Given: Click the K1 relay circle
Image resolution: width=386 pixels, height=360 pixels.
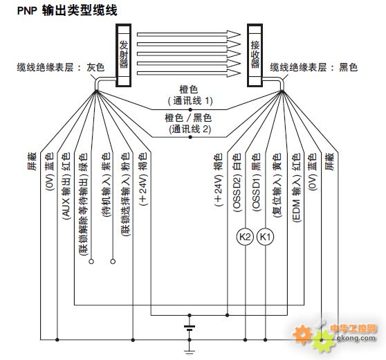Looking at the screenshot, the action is [265, 237].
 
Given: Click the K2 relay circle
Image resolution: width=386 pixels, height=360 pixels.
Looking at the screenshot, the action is [245, 237].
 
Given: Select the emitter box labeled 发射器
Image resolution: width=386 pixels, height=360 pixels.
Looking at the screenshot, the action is [124, 55].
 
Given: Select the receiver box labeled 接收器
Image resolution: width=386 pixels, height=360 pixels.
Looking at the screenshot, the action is [255, 55].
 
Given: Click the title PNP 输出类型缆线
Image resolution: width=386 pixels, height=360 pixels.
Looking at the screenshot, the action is [67, 10].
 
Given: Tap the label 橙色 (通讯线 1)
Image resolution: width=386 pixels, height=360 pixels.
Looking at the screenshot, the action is [190, 95].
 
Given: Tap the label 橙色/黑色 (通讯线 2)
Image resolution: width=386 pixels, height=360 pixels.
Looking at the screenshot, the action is [189, 124].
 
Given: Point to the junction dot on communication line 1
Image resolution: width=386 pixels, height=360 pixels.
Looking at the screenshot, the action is [190, 109].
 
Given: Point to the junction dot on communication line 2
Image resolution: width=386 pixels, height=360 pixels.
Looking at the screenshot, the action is [190, 137].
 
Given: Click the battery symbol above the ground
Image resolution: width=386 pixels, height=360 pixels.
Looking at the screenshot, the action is [190, 328].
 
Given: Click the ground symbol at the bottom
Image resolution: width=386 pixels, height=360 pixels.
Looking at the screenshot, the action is [190, 352].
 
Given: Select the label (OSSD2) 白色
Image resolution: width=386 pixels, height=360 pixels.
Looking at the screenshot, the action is [237, 183].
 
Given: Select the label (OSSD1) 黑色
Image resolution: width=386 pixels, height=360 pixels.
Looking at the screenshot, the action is [256, 183].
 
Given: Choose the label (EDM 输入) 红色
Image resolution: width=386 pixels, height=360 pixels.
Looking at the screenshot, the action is [296, 188].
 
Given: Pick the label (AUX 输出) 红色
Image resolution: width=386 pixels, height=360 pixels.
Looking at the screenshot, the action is [66, 186].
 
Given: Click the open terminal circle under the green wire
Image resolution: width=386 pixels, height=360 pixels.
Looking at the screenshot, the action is [91, 261].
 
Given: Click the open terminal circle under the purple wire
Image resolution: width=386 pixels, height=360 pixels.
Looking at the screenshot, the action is [113, 261].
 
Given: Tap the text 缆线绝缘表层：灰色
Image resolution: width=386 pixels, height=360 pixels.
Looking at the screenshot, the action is [61, 67].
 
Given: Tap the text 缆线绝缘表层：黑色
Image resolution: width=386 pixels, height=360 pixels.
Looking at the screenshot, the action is [313, 67].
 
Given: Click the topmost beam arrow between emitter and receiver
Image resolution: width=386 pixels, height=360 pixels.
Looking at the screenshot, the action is [189, 34].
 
